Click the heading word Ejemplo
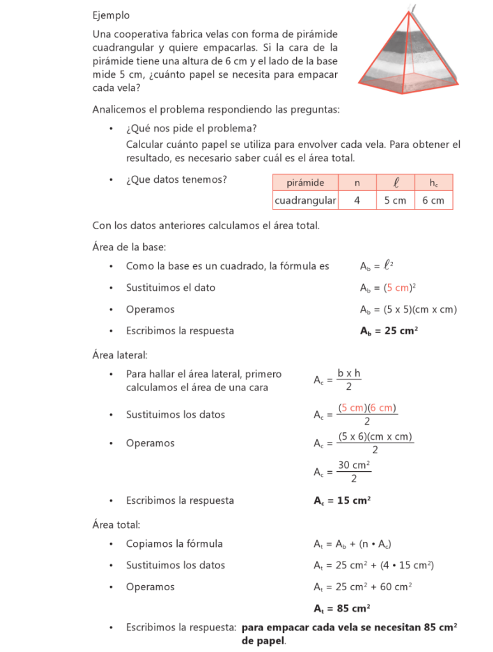pyautogui.click(x=111, y=15)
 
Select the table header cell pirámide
pyautogui.click(x=305, y=183)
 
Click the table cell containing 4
pyautogui.click(x=357, y=201)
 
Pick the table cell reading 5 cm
pyautogui.click(x=395, y=201)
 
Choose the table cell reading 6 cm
pyautogui.click(x=433, y=201)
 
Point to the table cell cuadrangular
pyautogui.click(x=305, y=201)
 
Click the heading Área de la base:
pyautogui.click(x=129, y=246)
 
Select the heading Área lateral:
pyautogui.click(x=120, y=355)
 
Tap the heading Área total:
pyautogui.click(x=116, y=525)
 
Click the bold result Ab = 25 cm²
pyautogui.click(x=389, y=331)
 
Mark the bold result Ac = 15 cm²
pyautogui.click(x=342, y=500)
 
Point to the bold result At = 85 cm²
pyautogui.click(x=342, y=607)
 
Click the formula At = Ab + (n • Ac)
pyautogui.click(x=352, y=544)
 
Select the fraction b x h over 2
pyautogui.click(x=349, y=380)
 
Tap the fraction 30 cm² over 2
pyautogui.click(x=354, y=472)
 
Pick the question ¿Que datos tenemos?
pyautogui.click(x=176, y=180)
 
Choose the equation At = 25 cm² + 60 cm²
pyautogui.click(x=362, y=586)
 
